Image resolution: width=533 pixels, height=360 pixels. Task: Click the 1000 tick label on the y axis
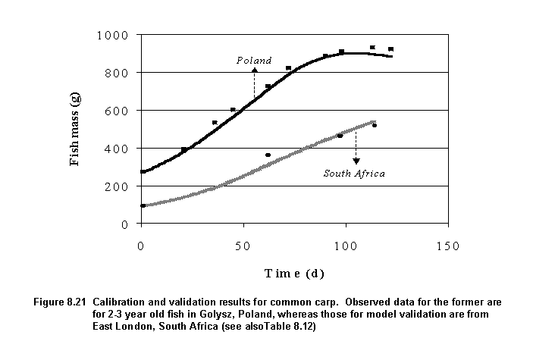point(111,35)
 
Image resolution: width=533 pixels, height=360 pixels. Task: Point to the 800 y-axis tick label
point(114,73)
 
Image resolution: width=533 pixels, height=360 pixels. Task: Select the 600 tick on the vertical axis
point(114,111)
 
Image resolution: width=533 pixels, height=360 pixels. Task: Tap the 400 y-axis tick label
point(114,149)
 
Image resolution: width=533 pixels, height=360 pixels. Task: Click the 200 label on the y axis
point(114,186)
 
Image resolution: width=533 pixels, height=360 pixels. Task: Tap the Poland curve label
point(254,60)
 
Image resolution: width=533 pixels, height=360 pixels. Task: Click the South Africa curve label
point(354,174)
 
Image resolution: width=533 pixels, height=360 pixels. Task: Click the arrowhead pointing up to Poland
point(254,70)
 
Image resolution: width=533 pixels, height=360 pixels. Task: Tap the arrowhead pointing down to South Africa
point(356,161)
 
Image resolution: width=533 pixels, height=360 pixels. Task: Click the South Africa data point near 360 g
point(268,155)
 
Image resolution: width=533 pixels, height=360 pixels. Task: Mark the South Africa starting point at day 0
point(143,205)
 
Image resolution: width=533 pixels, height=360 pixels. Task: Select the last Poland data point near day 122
point(390,49)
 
